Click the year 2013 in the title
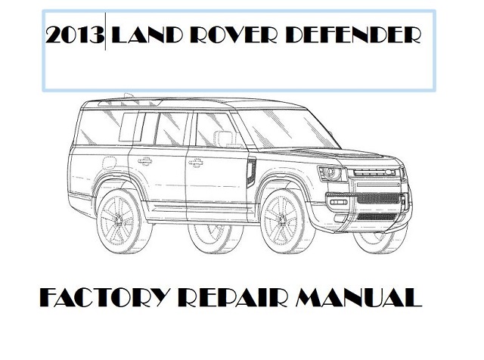75,36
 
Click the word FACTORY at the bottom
104,297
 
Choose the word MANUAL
358,297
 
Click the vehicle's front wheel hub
281,220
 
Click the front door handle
196,162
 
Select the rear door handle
144,160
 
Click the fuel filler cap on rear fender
109,163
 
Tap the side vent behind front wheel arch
251,173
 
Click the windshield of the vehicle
287,128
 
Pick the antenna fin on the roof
128,95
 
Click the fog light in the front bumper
339,203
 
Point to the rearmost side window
99,127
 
